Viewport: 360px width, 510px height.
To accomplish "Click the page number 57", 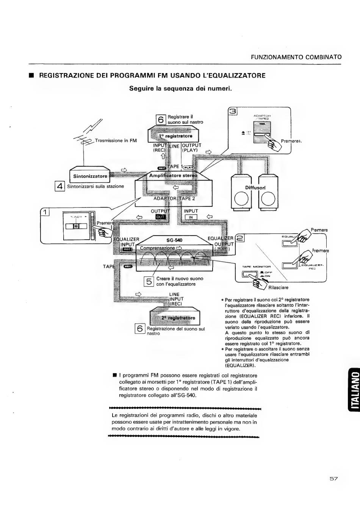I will (x=333, y=479).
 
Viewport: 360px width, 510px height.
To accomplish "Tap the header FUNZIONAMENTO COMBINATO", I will (x=296, y=57).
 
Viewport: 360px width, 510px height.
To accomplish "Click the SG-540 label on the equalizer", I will (x=175, y=240).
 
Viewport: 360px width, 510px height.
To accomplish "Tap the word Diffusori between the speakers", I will (x=255, y=187).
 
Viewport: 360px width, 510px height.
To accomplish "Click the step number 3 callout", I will (x=232, y=111).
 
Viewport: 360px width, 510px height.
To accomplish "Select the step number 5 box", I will (x=149, y=281).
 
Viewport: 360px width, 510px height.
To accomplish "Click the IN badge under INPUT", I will (x=191, y=217).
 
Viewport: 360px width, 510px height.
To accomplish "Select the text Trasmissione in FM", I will (x=116, y=140).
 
